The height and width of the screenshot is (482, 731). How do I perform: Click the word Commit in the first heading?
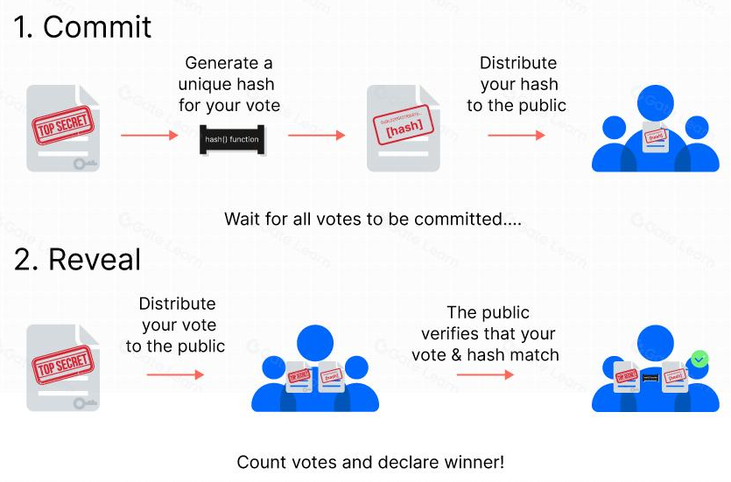pyautogui.click(x=97, y=27)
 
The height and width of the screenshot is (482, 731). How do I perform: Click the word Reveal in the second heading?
pyautogui.click(x=94, y=260)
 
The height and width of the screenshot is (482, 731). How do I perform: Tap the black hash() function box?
pyautogui.click(x=232, y=139)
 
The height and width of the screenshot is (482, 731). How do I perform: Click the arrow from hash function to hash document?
pyautogui.click(x=316, y=135)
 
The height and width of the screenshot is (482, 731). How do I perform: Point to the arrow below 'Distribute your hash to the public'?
pyautogui.click(x=516, y=135)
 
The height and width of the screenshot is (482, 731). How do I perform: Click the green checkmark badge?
pyautogui.click(x=699, y=359)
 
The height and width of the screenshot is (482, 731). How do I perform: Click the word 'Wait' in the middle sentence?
pyautogui.click(x=242, y=219)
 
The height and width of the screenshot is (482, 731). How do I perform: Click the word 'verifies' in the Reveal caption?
pyautogui.click(x=450, y=334)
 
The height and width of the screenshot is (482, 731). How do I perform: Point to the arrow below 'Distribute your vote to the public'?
pyautogui.click(x=174, y=374)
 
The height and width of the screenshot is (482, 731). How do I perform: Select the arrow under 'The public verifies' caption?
pyautogui.click(x=484, y=374)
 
